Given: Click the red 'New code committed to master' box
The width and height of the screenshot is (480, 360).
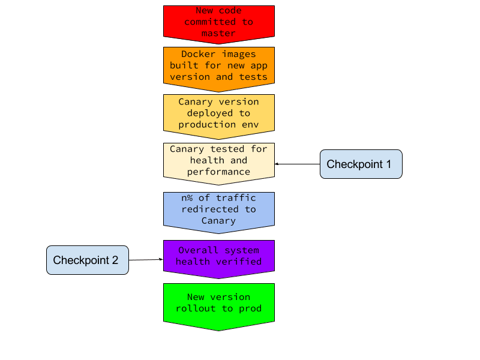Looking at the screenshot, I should pyautogui.click(x=219, y=22).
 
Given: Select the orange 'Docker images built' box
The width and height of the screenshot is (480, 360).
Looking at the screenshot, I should pyautogui.click(x=219, y=66).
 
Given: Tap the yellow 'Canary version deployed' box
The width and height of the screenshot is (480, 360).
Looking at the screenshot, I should pyautogui.click(x=219, y=113).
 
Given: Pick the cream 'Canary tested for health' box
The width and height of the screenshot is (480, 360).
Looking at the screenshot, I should pyautogui.click(x=219, y=160).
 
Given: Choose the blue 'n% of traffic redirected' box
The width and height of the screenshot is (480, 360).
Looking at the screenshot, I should pyautogui.click(x=219, y=209).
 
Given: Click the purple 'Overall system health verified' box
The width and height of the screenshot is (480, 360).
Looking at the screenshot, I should pyautogui.click(x=219, y=256).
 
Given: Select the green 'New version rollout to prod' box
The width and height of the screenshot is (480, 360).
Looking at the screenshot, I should pyautogui.click(x=219, y=304).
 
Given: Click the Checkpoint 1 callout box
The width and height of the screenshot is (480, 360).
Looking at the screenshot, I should pyautogui.click(x=361, y=164).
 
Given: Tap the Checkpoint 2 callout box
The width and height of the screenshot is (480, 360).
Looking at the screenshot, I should pyautogui.click(x=88, y=260).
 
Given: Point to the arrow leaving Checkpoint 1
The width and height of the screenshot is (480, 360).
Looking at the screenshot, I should pyautogui.click(x=297, y=164).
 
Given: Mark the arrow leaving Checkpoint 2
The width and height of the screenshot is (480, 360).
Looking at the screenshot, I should pyautogui.click(x=146, y=260).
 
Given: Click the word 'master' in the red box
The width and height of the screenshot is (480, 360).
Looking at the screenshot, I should pyautogui.click(x=218, y=33).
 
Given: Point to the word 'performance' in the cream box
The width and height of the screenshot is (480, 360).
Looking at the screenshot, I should pyautogui.click(x=218, y=172).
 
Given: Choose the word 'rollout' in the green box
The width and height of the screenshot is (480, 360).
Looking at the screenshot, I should pyautogui.click(x=196, y=308).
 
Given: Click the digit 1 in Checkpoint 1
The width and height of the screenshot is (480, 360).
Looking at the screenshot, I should pyautogui.click(x=388, y=164).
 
